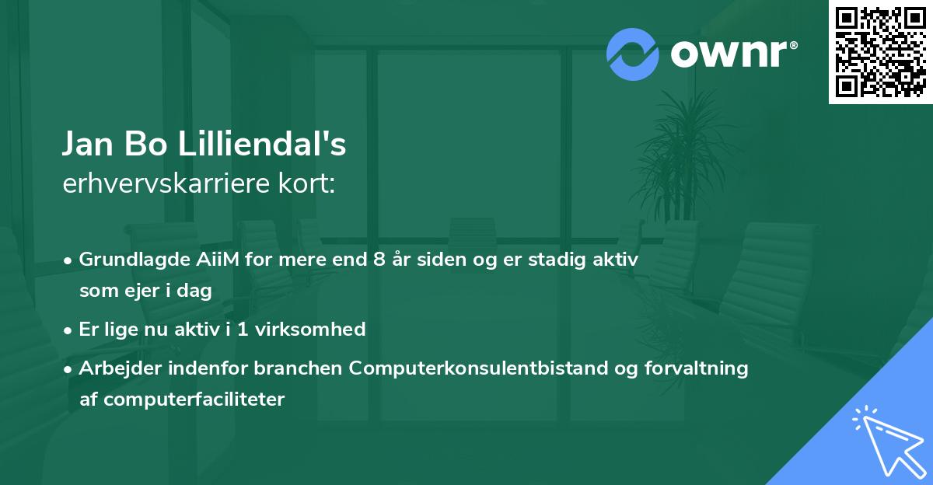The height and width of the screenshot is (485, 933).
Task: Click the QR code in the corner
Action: [880, 51]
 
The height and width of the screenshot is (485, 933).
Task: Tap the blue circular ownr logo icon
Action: [633, 54]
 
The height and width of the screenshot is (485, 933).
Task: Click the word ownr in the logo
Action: [732, 54]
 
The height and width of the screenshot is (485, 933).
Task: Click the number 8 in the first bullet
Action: [379, 260]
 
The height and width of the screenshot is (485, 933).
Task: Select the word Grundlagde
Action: [124, 260]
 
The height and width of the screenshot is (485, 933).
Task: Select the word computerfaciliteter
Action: [194, 400]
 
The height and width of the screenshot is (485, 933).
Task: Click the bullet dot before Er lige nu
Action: [69, 330]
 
